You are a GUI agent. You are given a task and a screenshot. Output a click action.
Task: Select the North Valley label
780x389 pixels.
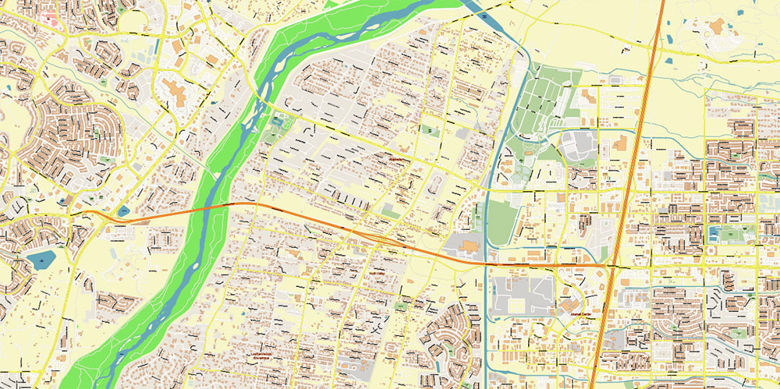(377, 273)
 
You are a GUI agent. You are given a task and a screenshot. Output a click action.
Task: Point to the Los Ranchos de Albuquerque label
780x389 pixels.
(265, 355)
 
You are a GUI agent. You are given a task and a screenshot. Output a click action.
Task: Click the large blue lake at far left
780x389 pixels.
(39, 260)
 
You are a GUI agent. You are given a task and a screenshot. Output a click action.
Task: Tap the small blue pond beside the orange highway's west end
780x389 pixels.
(122, 210)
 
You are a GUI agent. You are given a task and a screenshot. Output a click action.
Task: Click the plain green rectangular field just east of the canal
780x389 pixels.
(503, 218)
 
